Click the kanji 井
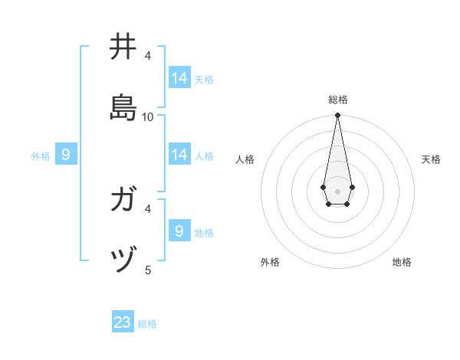[123, 47]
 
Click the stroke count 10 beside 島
[148, 116]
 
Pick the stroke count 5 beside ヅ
[148, 269]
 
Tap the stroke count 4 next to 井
[148, 56]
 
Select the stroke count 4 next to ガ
[148, 208]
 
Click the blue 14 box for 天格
[179, 78]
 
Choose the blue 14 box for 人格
[179, 155]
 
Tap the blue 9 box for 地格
[179, 231]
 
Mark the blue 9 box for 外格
[66, 155]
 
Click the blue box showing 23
[123, 322]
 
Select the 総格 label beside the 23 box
[147, 324]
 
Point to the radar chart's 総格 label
[338, 100]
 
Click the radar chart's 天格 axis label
[431, 159]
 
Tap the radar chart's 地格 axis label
[402, 262]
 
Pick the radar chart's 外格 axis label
[270, 262]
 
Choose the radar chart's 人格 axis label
[245, 159]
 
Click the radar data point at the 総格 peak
[337, 116]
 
